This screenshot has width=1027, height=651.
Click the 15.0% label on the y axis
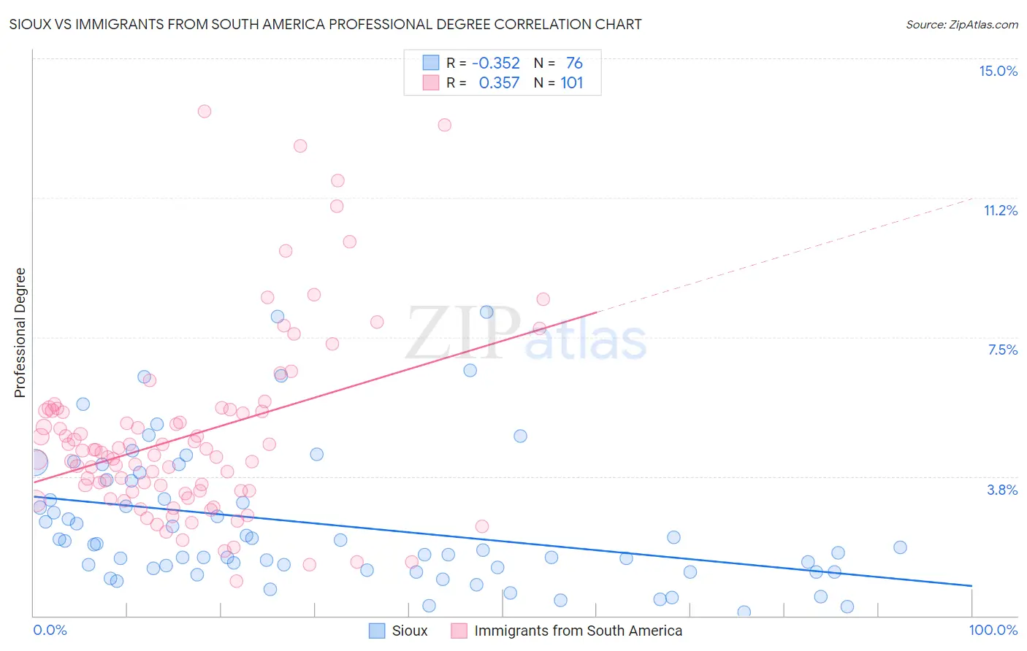pyautogui.click(x=998, y=71)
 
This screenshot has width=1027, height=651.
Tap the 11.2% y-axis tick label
pyautogui.click(x=1000, y=210)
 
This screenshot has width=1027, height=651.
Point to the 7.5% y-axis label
pyautogui.click(x=1002, y=350)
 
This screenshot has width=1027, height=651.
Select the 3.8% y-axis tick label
pyautogui.click(x=1002, y=490)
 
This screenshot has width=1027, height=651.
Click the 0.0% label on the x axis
pyautogui.click(x=50, y=630)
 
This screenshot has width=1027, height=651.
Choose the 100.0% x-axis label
pyautogui.click(x=993, y=630)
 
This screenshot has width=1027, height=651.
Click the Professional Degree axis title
pyautogui.click(x=20, y=333)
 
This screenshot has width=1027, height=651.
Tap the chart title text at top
pyautogui.click(x=326, y=24)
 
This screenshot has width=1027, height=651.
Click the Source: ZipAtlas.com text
pyautogui.click(x=961, y=24)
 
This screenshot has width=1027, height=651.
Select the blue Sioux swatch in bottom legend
pyautogui.click(x=377, y=631)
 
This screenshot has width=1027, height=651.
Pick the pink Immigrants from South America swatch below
pyautogui.click(x=459, y=631)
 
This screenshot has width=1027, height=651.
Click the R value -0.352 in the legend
pyautogui.click(x=496, y=63)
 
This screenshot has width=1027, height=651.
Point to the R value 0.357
pyautogui.click(x=499, y=82)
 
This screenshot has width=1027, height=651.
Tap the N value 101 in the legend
pyautogui.click(x=571, y=82)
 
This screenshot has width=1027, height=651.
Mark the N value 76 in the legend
pyautogui.click(x=574, y=63)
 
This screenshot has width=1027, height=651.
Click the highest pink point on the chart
pyautogui.click(x=205, y=111)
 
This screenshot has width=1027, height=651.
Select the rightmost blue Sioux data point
pyautogui.click(x=900, y=547)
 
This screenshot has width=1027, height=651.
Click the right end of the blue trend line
pyautogui.click(x=971, y=585)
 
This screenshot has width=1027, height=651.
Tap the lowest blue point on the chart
pyautogui.click(x=744, y=612)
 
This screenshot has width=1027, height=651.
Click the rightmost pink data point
pyautogui.click(x=543, y=299)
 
